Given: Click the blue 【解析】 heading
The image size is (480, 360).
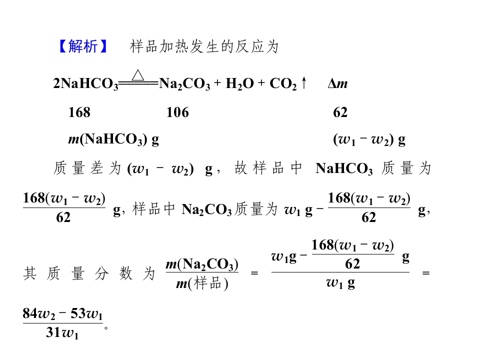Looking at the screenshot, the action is click(82, 46).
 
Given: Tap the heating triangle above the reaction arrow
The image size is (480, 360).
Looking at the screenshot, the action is click(138, 75).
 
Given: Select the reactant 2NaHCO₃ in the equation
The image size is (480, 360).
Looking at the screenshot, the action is click(85, 83).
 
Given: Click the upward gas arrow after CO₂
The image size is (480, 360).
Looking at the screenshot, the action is click(303, 83).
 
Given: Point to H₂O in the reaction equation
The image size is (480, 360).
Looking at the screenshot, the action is click(239, 83).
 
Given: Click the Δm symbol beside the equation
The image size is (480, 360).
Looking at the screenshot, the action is click(337, 83).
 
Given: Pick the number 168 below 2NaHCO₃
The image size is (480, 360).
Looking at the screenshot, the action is click(79, 112).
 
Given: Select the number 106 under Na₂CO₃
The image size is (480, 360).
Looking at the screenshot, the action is click(177, 112).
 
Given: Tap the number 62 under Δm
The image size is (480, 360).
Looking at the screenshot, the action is click(340, 112).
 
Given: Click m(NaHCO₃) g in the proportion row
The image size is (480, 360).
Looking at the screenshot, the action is click(113, 139).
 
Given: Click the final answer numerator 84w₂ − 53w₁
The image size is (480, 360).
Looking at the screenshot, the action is click(63, 314).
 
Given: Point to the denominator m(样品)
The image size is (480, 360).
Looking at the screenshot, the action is click(202, 284).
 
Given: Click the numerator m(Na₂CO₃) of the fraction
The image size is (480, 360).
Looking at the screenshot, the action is click(202, 264).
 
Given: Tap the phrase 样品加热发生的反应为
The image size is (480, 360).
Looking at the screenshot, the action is click(204, 46).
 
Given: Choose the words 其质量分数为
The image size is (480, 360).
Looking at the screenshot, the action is click(89, 273).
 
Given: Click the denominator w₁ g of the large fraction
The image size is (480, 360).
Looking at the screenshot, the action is click(340, 283).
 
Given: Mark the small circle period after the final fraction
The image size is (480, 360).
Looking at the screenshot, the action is click(106, 328).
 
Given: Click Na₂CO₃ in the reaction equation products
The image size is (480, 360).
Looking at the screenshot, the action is click(184, 83).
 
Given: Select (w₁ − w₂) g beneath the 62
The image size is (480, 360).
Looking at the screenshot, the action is click(369, 140).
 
